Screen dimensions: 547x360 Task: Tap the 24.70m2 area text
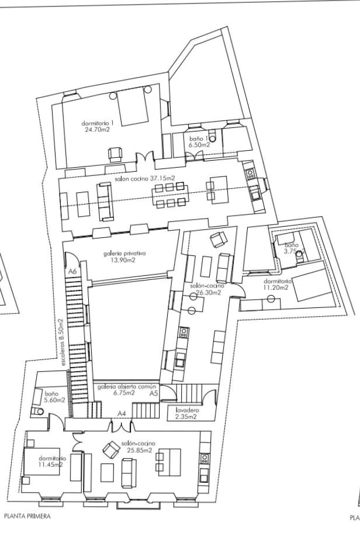pos(97,130)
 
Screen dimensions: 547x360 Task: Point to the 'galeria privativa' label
pos(124,254)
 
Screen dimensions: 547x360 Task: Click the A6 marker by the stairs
pos(72,272)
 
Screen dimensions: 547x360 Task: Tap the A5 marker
pos(153,394)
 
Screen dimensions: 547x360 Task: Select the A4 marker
pos(122,414)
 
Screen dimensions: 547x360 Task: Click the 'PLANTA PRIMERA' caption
pos(27,516)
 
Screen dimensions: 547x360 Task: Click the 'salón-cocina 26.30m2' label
pos(205,290)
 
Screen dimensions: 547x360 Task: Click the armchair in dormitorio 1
pos(115,154)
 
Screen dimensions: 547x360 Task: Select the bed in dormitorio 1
pos(133,107)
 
